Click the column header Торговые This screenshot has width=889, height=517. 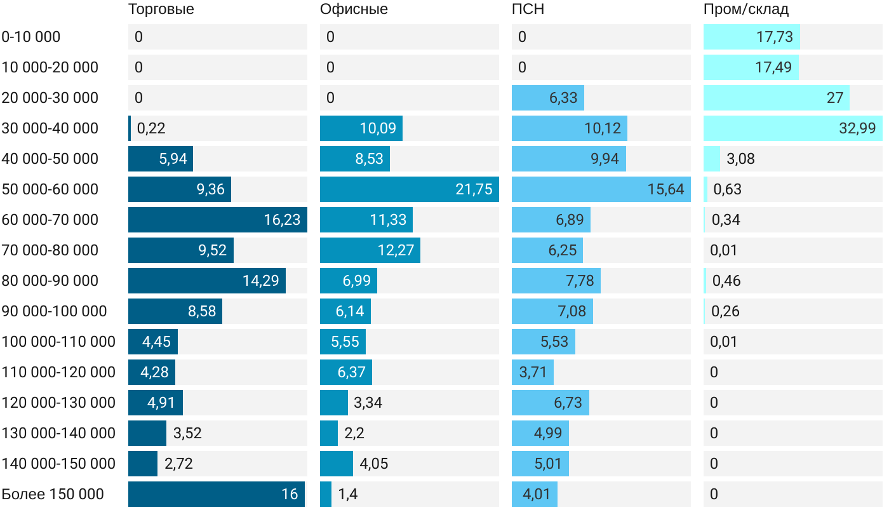click(x=161, y=10)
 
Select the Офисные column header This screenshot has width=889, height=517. click(x=354, y=10)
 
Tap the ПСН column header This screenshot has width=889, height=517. click(x=528, y=10)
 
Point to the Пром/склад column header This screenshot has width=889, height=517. click(x=746, y=10)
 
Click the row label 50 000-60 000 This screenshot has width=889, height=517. click(x=50, y=189)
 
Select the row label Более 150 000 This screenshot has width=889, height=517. click(x=53, y=494)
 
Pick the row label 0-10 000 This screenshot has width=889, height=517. click(x=31, y=37)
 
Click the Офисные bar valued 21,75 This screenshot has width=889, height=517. click(x=409, y=189)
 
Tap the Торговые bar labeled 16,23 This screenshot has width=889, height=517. click(x=217, y=220)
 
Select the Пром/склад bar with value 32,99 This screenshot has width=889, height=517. click(x=792, y=128)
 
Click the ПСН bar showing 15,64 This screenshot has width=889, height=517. click(x=601, y=189)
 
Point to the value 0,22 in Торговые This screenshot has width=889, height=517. click(x=151, y=128)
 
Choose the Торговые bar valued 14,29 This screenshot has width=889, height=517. click(x=206, y=281)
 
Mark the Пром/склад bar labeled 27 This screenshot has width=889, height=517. click(x=776, y=98)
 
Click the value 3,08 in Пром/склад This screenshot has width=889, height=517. click(x=740, y=159)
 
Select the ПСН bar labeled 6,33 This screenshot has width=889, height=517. click(x=547, y=98)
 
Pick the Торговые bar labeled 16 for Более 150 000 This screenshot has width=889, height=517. click(x=216, y=494)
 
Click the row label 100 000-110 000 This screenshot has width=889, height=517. click(x=58, y=342)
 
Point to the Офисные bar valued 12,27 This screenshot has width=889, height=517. click(x=370, y=250)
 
